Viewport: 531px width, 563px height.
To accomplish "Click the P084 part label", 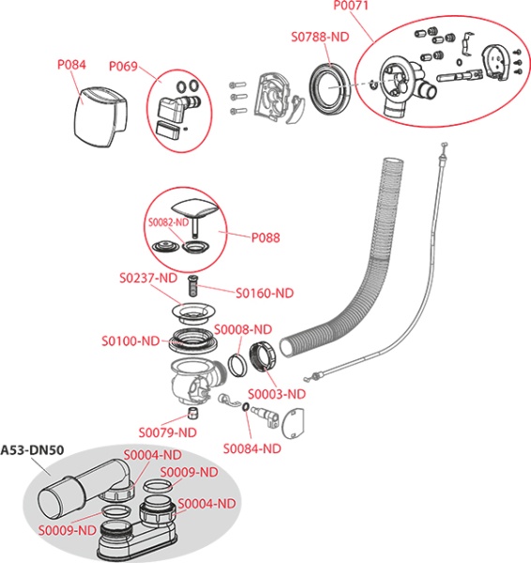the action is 72,65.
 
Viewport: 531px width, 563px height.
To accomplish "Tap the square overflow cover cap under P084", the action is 100,116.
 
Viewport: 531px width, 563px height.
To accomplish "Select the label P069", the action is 124,66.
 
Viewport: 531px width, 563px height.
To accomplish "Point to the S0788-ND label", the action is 320,37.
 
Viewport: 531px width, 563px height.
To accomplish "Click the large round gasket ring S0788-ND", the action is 329,88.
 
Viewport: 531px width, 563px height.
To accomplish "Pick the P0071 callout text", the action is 351,7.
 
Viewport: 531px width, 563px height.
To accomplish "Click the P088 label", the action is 265,237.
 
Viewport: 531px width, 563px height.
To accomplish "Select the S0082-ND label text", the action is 168,222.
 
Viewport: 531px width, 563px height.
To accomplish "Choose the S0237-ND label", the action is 148,278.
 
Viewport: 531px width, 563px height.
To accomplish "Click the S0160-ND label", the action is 265,294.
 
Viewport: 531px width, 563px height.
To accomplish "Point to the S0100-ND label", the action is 130,341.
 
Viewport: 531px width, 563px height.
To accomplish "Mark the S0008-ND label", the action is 243,329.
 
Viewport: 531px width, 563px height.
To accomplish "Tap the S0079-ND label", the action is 168,433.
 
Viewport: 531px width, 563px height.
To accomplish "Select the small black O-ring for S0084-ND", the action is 246,406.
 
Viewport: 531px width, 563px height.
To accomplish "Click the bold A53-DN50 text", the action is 32,449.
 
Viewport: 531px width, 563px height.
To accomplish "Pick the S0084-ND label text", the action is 252,449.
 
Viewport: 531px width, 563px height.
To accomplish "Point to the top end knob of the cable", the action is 445,145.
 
